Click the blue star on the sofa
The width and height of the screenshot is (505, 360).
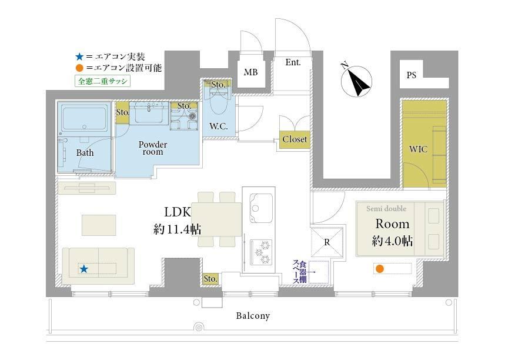pyautogui.click(x=83, y=268)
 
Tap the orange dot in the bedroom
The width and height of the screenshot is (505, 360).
pyautogui.click(x=380, y=268)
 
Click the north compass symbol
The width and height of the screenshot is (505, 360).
pyautogui.click(x=356, y=81)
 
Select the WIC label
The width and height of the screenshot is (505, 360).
pyautogui.click(x=418, y=149)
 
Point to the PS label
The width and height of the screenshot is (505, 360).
pyautogui.click(x=412, y=75)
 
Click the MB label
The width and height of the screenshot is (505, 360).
pyautogui.click(x=250, y=72)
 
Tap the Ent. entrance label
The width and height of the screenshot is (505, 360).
pyautogui.click(x=293, y=62)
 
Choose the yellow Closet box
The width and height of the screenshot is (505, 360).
pyautogui.click(x=295, y=139)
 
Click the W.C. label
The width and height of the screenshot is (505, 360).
pyautogui.click(x=219, y=126)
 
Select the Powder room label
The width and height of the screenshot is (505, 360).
pyautogui.click(x=153, y=148)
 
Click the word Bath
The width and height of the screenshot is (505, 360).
pyautogui.click(x=85, y=152)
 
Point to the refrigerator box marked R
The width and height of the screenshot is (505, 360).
pyautogui.click(x=327, y=242)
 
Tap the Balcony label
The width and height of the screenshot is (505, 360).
pyautogui.click(x=253, y=315)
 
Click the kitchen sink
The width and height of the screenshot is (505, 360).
pyautogui.click(x=261, y=208)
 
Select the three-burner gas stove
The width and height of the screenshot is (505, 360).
pyautogui.click(x=261, y=252)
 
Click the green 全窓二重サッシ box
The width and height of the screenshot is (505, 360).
pyautogui.click(x=102, y=81)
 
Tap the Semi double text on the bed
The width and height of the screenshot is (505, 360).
pyautogui.click(x=386, y=208)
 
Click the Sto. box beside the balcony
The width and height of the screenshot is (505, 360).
pyautogui.click(x=210, y=278)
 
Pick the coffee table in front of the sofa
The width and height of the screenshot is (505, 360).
pyautogui.click(x=99, y=225)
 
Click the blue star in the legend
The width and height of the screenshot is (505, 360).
pyautogui.click(x=79, y=56)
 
